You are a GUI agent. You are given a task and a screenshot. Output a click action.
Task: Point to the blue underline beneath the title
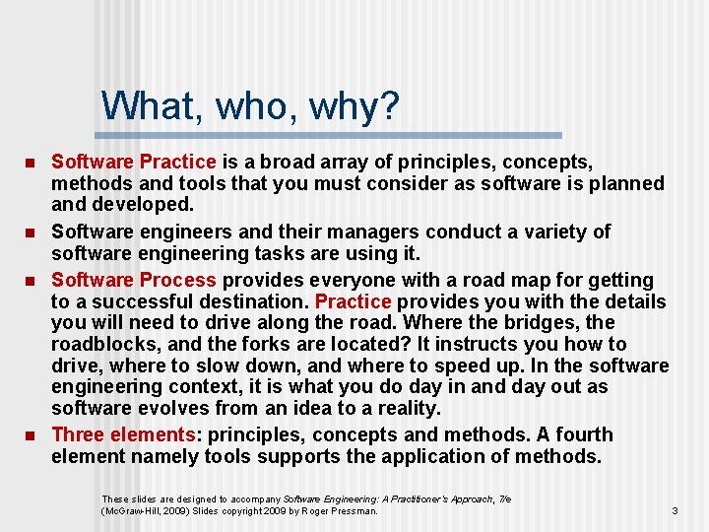[x=333, y=135]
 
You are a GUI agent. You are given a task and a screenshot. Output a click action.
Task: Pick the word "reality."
[x=407, y=408]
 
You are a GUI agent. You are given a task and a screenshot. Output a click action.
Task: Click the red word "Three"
[x=77, y=434]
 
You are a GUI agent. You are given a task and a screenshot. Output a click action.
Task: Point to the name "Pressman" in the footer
[x=353, y=511]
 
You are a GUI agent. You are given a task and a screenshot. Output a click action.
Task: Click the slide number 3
[x=675, y=510]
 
